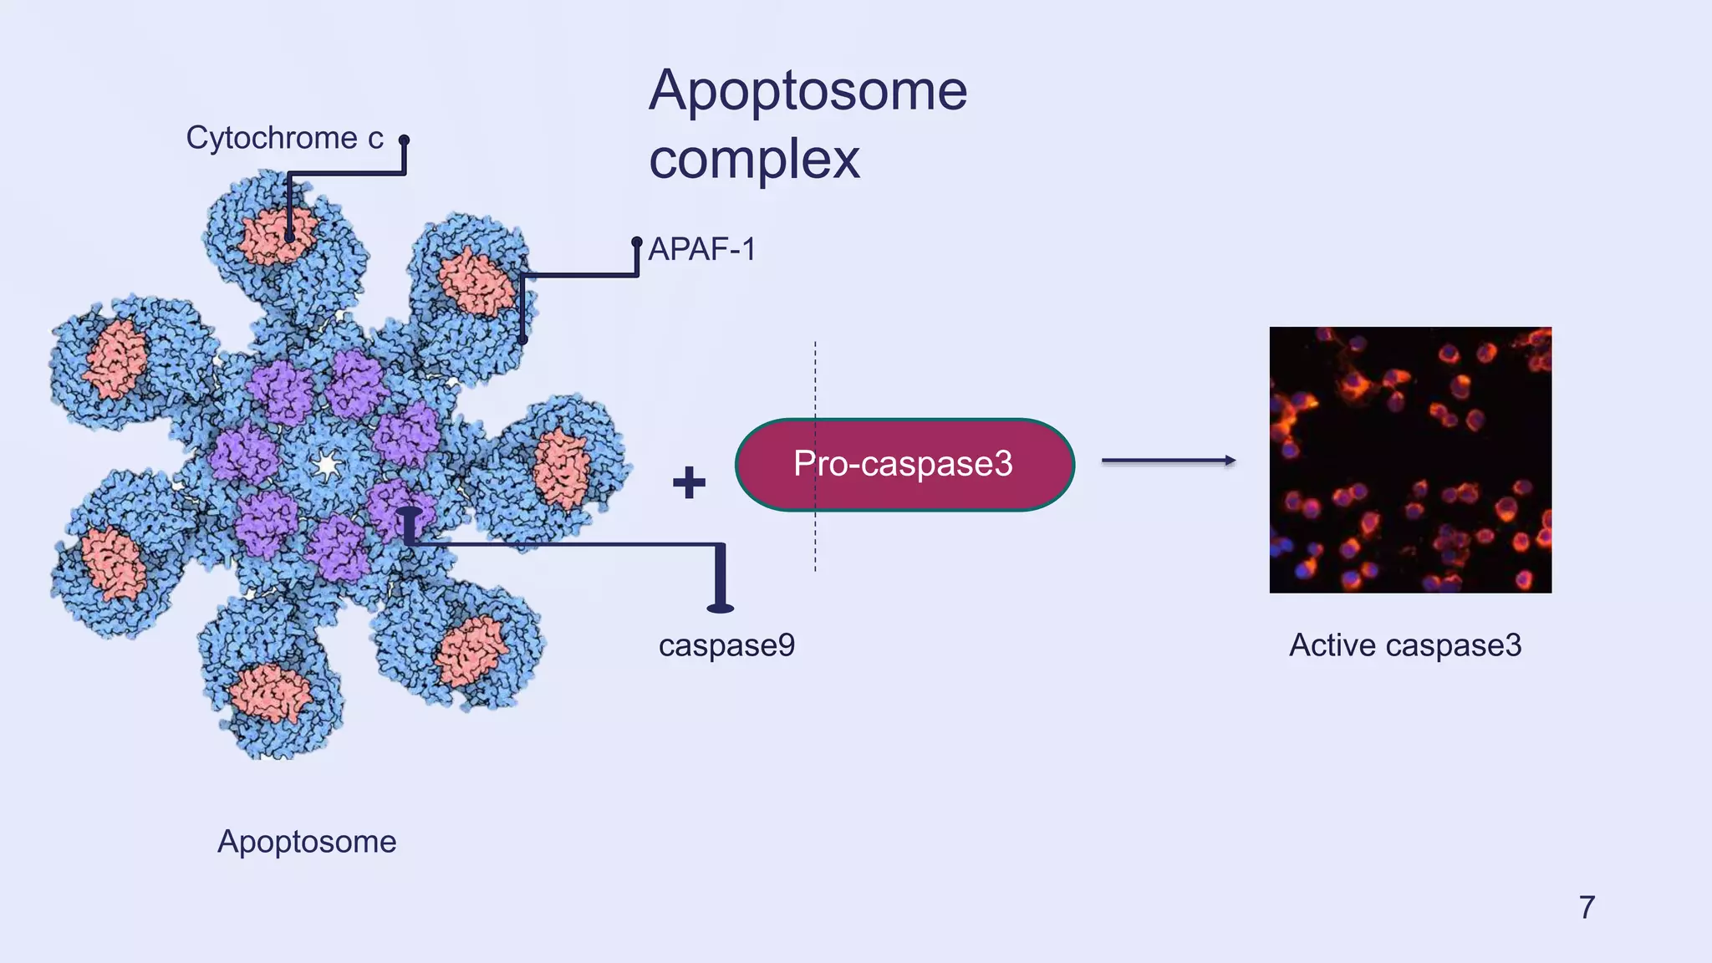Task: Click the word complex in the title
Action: click(x=754, y=159)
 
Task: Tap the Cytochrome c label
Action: click(x=284, y=138)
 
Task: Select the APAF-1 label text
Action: click(x=702, y=249)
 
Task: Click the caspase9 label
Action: click(x=726, y=645)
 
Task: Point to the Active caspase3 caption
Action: click(x=1405, y=645)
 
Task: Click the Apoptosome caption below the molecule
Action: click(x=307, y=841)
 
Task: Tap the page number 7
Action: click(x=1587, y=907)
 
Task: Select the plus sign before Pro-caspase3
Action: click(x=689, y=482)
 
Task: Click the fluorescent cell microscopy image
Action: click(x=1410, y=460)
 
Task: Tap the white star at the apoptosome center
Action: click(x=326, y=464)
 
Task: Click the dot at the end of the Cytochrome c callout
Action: click(x=404, y=140)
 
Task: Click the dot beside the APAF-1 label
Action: click(x=637, y=242)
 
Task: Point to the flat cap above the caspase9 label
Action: click(x=720, y=608)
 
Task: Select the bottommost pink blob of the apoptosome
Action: click(x=270, y=694)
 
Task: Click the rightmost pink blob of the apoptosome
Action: click(x=562, y=469)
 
